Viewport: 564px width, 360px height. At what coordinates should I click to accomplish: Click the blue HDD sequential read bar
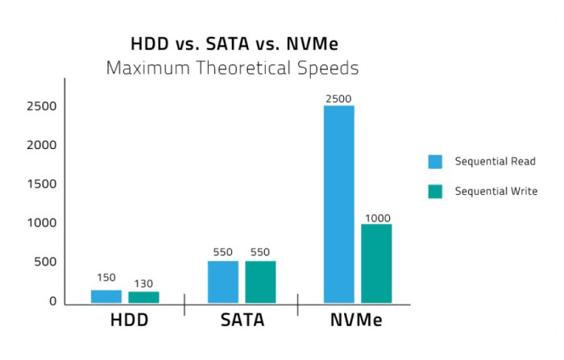(106, 296)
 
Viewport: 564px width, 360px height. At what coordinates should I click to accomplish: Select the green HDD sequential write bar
(143, 297)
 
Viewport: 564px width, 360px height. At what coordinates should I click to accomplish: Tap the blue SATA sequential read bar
(223, 282)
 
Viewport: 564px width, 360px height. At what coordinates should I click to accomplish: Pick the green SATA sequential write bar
(260, 282)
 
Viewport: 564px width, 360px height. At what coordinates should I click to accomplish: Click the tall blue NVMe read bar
(339, 205)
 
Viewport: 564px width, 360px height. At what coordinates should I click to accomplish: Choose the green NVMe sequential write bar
(376, 263)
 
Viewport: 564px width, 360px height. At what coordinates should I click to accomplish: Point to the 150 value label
(106, 278)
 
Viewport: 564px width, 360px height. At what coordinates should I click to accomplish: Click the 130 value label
(143, 283)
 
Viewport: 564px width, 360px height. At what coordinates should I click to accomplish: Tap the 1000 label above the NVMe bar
(378, 218)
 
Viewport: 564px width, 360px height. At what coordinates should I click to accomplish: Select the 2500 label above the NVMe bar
(338, 99)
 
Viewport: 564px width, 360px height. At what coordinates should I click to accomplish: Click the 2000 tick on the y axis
(42, 145)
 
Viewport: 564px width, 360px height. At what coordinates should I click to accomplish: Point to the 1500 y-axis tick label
(42, 184)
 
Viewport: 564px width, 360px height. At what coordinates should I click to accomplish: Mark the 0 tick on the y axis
(53, 301)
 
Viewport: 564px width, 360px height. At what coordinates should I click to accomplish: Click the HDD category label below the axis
(130, 320)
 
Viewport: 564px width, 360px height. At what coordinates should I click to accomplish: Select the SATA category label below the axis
(243, 320)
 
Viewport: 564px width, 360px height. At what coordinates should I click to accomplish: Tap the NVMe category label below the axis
(356, 320)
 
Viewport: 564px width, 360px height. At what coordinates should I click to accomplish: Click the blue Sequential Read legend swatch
(435, 162)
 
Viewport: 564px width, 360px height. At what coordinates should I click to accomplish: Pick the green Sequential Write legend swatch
(435, 192)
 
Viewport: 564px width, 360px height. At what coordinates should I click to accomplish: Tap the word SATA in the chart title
(227, 43)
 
